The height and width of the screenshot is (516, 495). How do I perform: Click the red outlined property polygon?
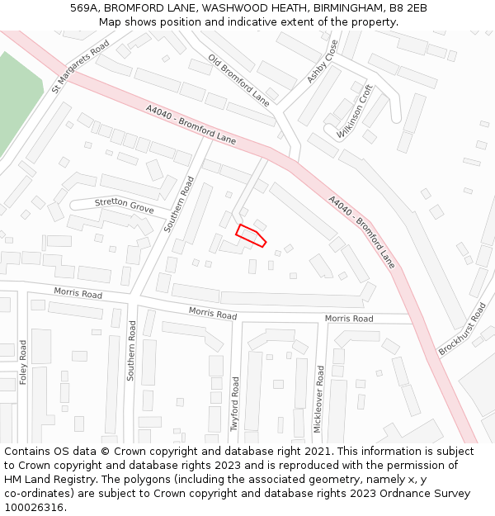pyautogui.click(x=251, y=234)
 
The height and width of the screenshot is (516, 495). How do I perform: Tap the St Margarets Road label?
pyautogui.click(x=80, y=67)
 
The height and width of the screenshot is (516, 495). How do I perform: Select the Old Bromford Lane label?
pyautogui.click(x=238, y=81)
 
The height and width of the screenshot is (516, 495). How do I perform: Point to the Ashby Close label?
pyautogui.click(x=323, y=61)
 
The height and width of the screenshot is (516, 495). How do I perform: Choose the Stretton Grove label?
pyautogui.click(x=124, y=205)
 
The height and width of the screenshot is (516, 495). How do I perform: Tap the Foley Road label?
pyautogui.click(x=23, y=363)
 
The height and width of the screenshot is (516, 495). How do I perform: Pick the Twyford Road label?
pyautogui.click(x=235, y=404)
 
